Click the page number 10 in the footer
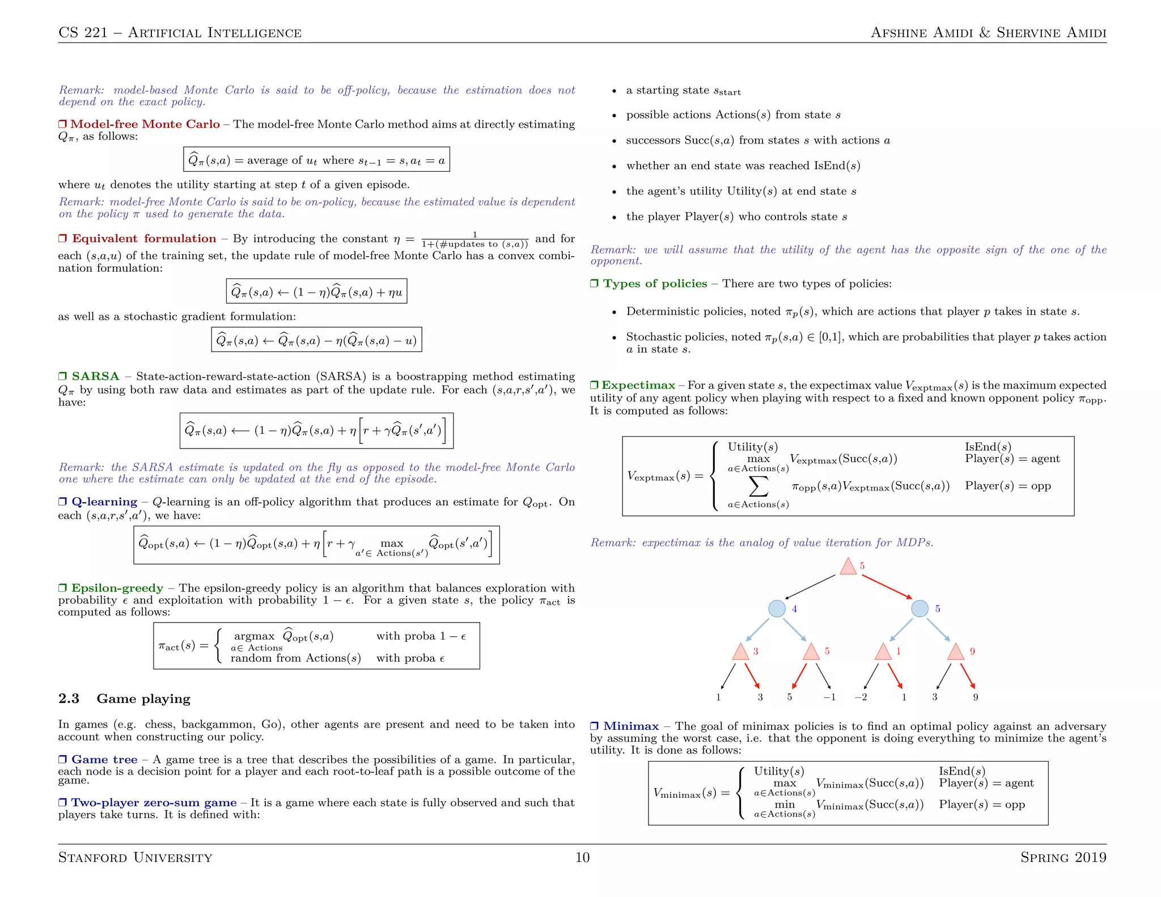(582, 857)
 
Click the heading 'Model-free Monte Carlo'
(145, 124)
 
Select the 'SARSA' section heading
(95, 376)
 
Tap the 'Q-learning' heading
(104, 502)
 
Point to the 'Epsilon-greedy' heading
(117, 588)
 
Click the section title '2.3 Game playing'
(124, 699)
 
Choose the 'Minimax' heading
(630, 726)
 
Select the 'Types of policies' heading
(655, 284)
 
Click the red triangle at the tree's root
(848, 567)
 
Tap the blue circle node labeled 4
(777, 608)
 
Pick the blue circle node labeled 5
(920, 608)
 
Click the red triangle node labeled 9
(956, 652)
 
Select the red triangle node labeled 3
(740, 652)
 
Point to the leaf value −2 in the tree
(861, 697)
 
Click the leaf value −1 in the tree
(829, 697)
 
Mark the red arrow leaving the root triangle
(887, 587)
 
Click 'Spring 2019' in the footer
(1063, 857)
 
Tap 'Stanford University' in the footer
(135, 857)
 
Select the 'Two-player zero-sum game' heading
(154, 803)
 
